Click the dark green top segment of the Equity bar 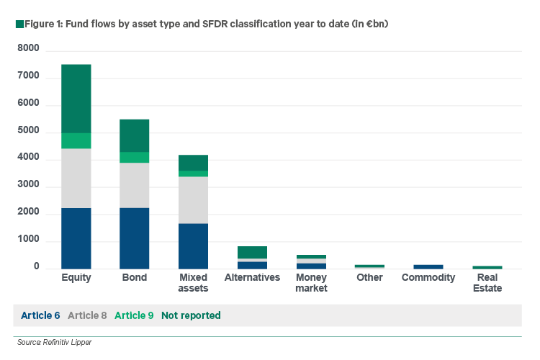76,99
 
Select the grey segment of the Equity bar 76,179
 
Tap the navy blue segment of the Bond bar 135,238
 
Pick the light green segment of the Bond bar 135,158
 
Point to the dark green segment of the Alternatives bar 252,252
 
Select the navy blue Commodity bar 428,266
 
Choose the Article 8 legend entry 88,315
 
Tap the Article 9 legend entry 135,315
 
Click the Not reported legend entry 191,315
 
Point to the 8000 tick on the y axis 29,49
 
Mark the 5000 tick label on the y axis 29,132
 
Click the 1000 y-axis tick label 29,240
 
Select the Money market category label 311,283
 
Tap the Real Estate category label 487,283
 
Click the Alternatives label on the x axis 252,277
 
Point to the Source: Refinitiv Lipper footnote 55,342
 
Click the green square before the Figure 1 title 18,24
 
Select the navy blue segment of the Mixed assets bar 193,246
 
